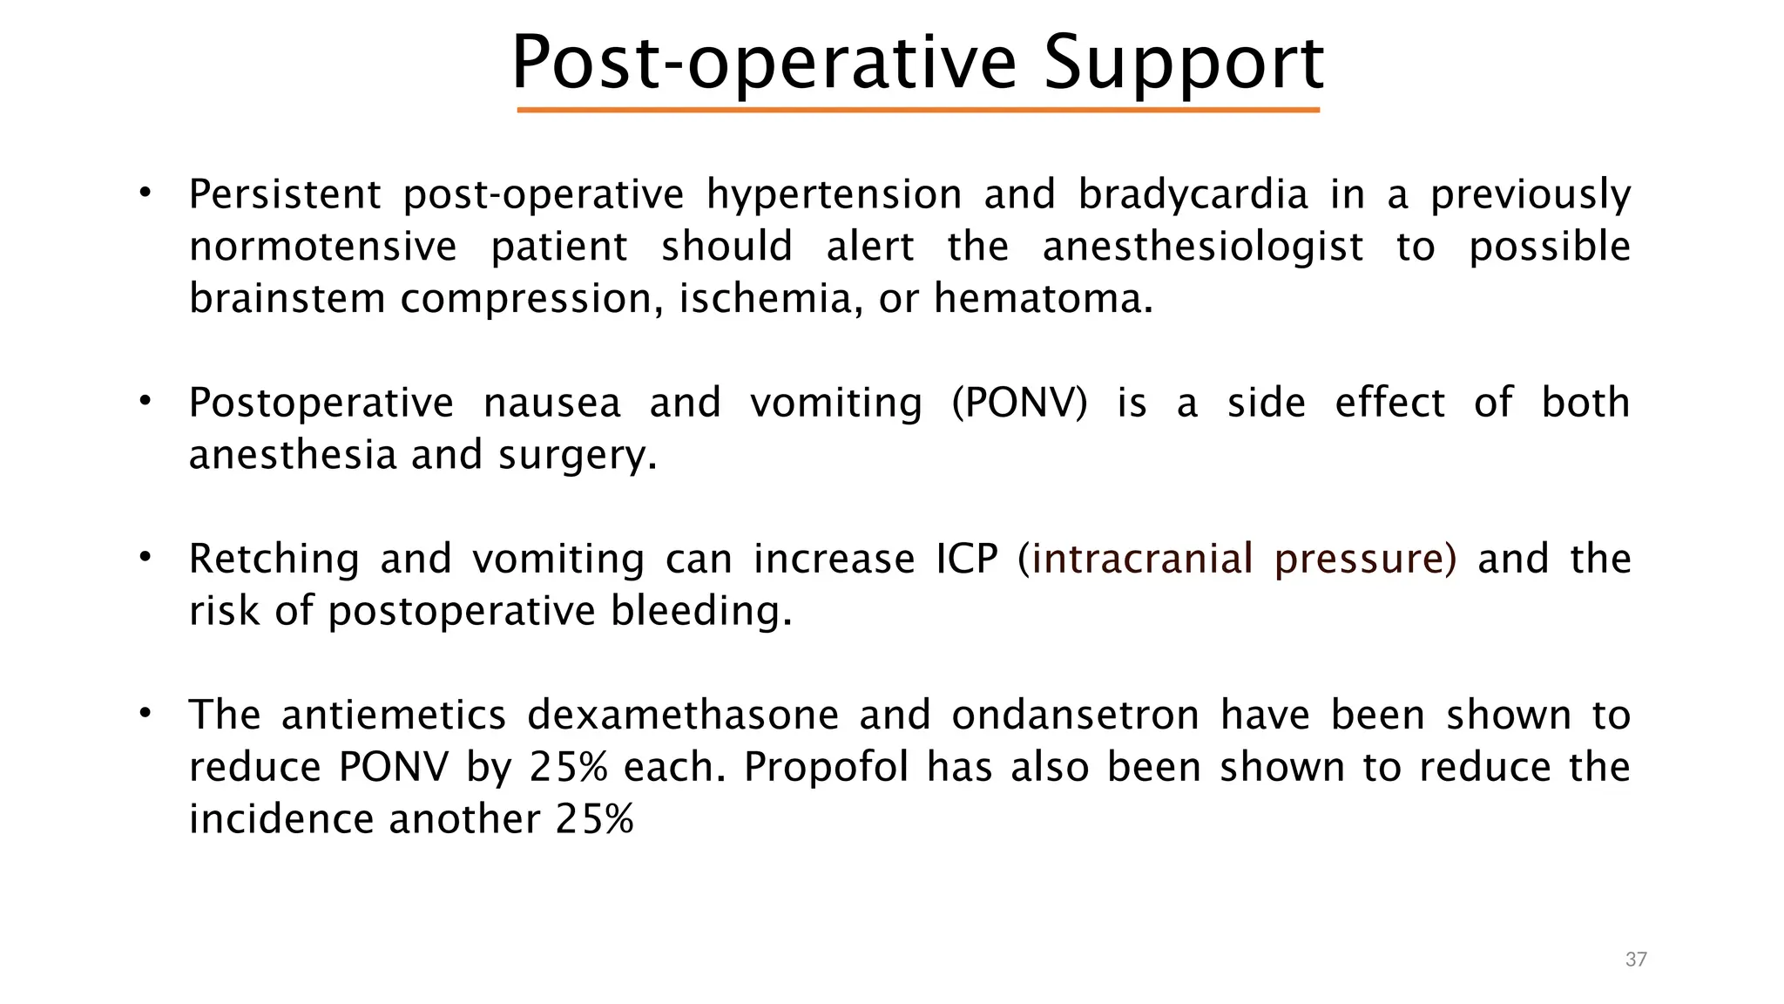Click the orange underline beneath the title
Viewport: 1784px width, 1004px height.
point(918,110)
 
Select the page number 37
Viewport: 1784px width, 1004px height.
point(1636,960)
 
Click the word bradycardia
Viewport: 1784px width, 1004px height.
point(1193,194)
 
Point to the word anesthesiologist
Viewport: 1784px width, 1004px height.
point(1202,247)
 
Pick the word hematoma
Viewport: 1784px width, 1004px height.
point(1043,299)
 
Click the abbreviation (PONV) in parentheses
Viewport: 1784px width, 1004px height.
point(1019,404)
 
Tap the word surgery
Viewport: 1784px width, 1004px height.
point(577,456)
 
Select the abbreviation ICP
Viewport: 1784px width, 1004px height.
point(966,559)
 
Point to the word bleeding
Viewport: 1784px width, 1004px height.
point(701,611)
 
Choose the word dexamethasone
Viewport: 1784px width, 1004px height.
point(683,715)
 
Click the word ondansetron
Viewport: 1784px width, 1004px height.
point(1075,715)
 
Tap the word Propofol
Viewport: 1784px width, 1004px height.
point(826,767)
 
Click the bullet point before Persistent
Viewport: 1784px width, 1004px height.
point(145,192)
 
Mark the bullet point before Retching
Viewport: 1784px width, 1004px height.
point(145,556)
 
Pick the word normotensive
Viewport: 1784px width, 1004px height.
point(322,247)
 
